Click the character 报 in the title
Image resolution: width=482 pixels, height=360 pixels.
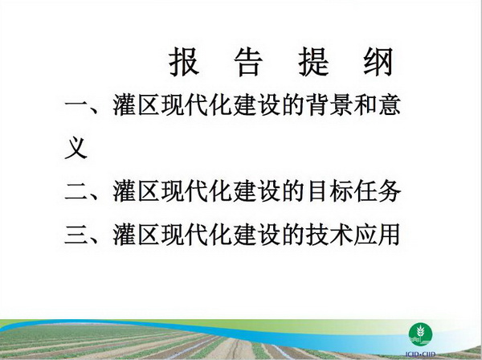coord(184,62)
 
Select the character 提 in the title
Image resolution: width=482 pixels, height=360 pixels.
coord(313,62)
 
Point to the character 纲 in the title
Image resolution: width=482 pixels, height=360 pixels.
coord(378,62)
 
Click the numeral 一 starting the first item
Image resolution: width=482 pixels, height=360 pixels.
coord(76,105)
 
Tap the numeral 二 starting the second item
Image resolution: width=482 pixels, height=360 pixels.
coord(76,192)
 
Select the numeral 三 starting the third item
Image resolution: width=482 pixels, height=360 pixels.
coord(76,235)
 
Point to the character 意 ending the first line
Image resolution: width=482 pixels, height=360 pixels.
coord(390,104)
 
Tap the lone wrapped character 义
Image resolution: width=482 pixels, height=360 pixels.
coord(76,148)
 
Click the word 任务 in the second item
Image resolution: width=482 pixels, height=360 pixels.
coord(378,191)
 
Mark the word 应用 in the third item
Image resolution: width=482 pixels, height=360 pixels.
coord(378,235)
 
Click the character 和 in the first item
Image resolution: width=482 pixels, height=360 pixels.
coord(366,104)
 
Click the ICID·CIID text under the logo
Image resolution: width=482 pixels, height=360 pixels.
coord(420,354)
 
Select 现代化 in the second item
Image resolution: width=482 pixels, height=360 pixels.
coord(196,191)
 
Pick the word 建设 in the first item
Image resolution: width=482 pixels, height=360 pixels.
coord(256,104)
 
